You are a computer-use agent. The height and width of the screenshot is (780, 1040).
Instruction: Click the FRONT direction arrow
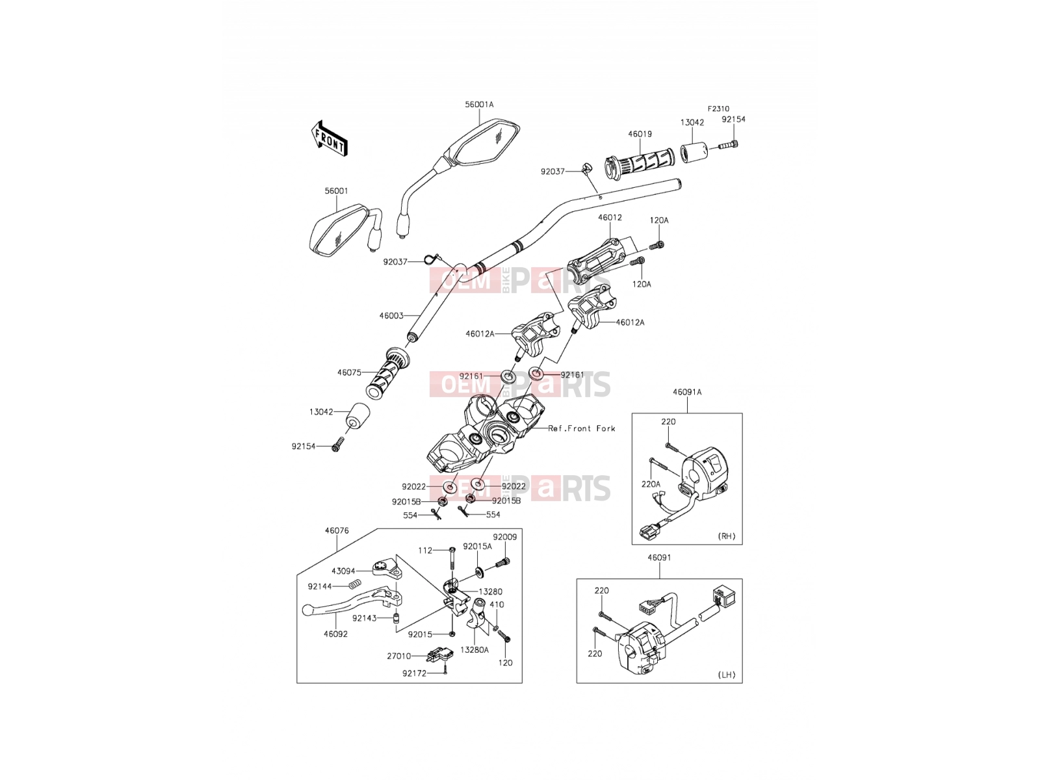330,138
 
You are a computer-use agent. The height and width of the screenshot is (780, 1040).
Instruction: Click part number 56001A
479,105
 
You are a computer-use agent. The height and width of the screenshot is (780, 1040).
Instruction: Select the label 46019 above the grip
640,134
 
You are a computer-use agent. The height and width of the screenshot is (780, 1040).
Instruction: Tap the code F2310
718,109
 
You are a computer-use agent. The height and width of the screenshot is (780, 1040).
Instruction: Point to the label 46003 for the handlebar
391,315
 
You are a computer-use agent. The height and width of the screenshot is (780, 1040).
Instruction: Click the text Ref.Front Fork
581,428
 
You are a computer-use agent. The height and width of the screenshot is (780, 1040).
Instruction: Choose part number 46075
349,372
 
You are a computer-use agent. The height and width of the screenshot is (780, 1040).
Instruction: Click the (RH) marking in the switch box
726,536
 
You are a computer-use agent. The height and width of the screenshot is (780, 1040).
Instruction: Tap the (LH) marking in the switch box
726,675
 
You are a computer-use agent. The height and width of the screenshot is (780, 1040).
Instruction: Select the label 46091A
687,392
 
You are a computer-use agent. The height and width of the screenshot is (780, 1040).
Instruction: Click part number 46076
337,531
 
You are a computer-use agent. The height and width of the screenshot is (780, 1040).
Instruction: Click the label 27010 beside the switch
399,656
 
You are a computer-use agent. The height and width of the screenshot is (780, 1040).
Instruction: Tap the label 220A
651,484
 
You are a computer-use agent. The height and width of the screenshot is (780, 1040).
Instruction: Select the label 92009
504,537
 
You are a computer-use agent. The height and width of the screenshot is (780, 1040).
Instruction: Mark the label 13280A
474,650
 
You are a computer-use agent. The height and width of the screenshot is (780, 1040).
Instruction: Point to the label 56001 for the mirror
337,191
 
